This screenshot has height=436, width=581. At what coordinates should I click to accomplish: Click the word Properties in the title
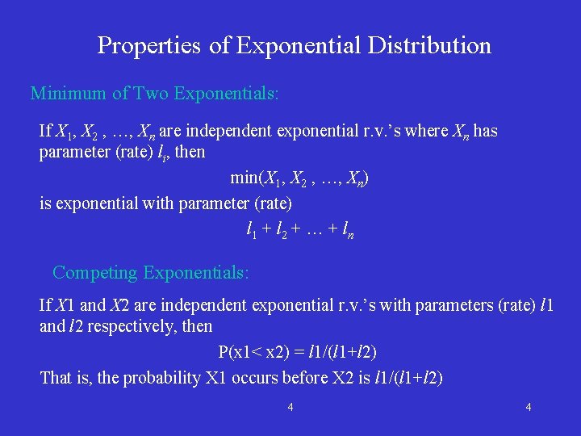click(x=149, y=45)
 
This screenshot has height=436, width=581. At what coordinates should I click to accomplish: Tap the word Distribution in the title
click(x=429, y=45)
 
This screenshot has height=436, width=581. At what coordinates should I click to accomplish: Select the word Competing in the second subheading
click(x=95, y=273)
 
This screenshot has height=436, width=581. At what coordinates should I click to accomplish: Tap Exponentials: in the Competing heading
click(x=196, y=273)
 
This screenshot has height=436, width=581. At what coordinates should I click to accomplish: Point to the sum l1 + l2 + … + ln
click(x=299, y=231)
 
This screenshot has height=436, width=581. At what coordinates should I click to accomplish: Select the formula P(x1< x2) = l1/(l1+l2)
click(x=298, y=353)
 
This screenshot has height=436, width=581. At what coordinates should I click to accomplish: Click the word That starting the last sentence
click(x=56, y=378)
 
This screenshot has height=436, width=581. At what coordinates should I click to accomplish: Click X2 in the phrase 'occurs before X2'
click(x=333, y=378)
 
